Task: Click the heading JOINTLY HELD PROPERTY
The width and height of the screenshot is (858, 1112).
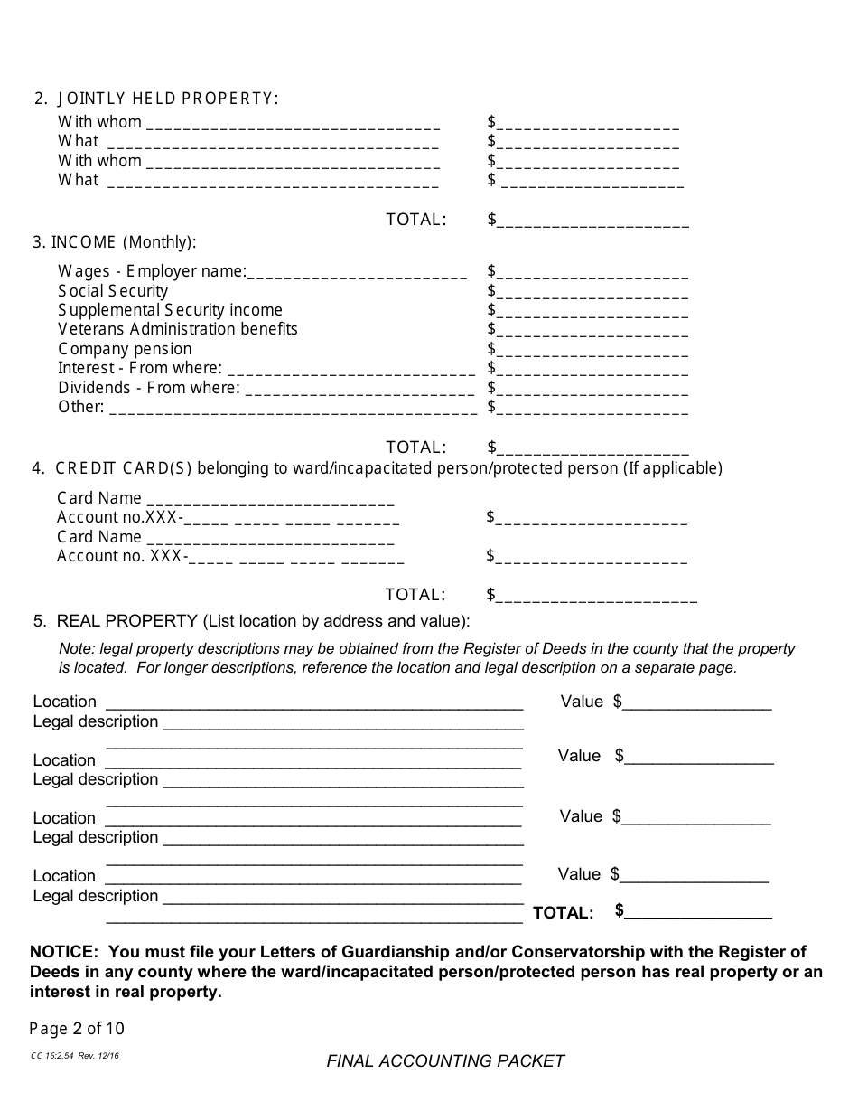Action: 168,99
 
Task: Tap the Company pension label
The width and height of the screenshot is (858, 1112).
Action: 125,349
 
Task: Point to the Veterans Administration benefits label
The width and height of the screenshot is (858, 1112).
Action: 178,329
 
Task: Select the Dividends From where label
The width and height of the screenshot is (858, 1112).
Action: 149,388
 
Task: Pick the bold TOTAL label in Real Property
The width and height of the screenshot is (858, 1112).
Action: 564,913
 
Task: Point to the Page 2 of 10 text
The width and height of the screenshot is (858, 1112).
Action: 77,1029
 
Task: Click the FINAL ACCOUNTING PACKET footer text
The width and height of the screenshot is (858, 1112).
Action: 445,1061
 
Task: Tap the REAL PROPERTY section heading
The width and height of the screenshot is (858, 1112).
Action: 126,621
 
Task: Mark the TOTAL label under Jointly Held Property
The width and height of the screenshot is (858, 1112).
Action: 415,220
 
